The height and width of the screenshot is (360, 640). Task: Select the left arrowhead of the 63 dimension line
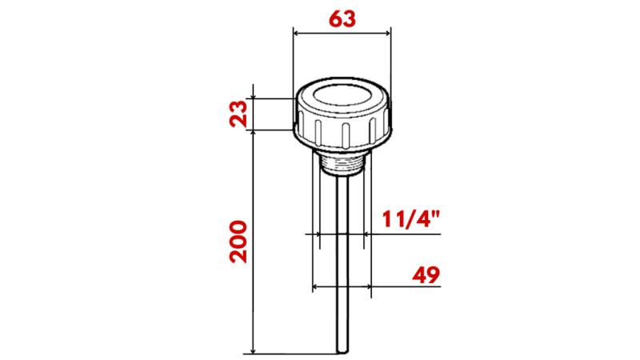[x=297, y=33]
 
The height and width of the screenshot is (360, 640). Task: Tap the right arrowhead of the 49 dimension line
[x=370, y=286]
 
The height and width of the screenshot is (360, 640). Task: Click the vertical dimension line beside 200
[x=253, y=240]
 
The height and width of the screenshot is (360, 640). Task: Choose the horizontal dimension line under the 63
[x=342, y=33]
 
